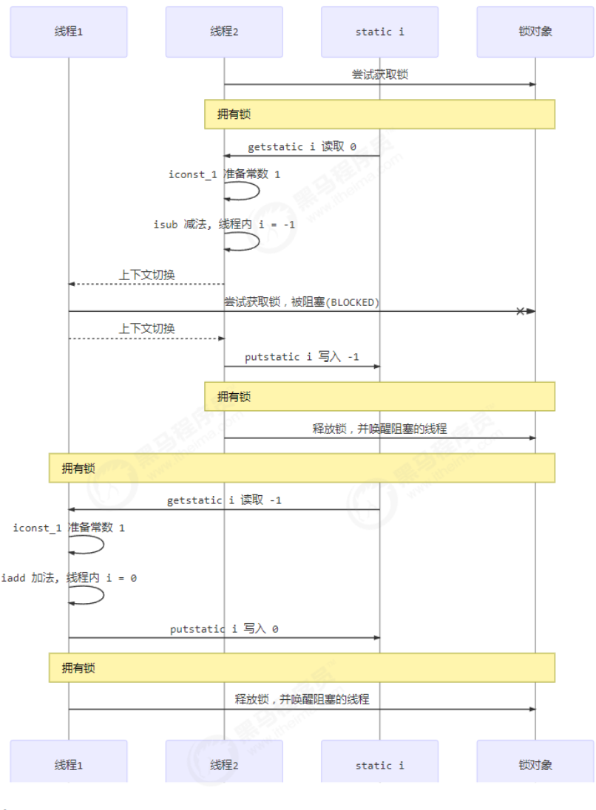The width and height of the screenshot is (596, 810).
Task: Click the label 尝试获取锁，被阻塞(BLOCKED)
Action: point(302,302)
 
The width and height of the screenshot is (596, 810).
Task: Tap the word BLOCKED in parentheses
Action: point(354,302)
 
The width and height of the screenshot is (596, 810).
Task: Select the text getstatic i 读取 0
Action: point(302,146)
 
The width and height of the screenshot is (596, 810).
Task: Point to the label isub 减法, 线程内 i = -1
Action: point(224,225)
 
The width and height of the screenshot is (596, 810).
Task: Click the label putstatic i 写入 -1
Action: point(302,357)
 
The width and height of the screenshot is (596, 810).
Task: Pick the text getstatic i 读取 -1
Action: point(224,500)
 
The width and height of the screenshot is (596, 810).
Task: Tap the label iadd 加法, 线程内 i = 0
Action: point(69,578)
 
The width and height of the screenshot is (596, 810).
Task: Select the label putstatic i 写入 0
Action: point(224,629)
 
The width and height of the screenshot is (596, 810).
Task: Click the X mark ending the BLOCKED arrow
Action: point(521,311)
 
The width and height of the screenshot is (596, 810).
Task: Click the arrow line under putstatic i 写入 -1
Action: point(302,367)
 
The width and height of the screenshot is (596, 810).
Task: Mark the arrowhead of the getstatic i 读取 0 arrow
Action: point(228,156)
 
